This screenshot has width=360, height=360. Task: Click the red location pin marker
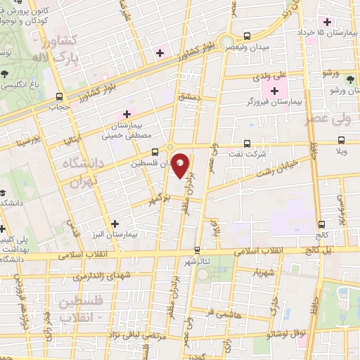181,166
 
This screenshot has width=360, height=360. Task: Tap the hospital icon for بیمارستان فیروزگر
274,90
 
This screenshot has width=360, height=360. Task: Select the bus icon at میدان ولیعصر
246,35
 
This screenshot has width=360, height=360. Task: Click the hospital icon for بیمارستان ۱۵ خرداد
325,20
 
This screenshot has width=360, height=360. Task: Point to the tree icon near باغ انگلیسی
6,72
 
